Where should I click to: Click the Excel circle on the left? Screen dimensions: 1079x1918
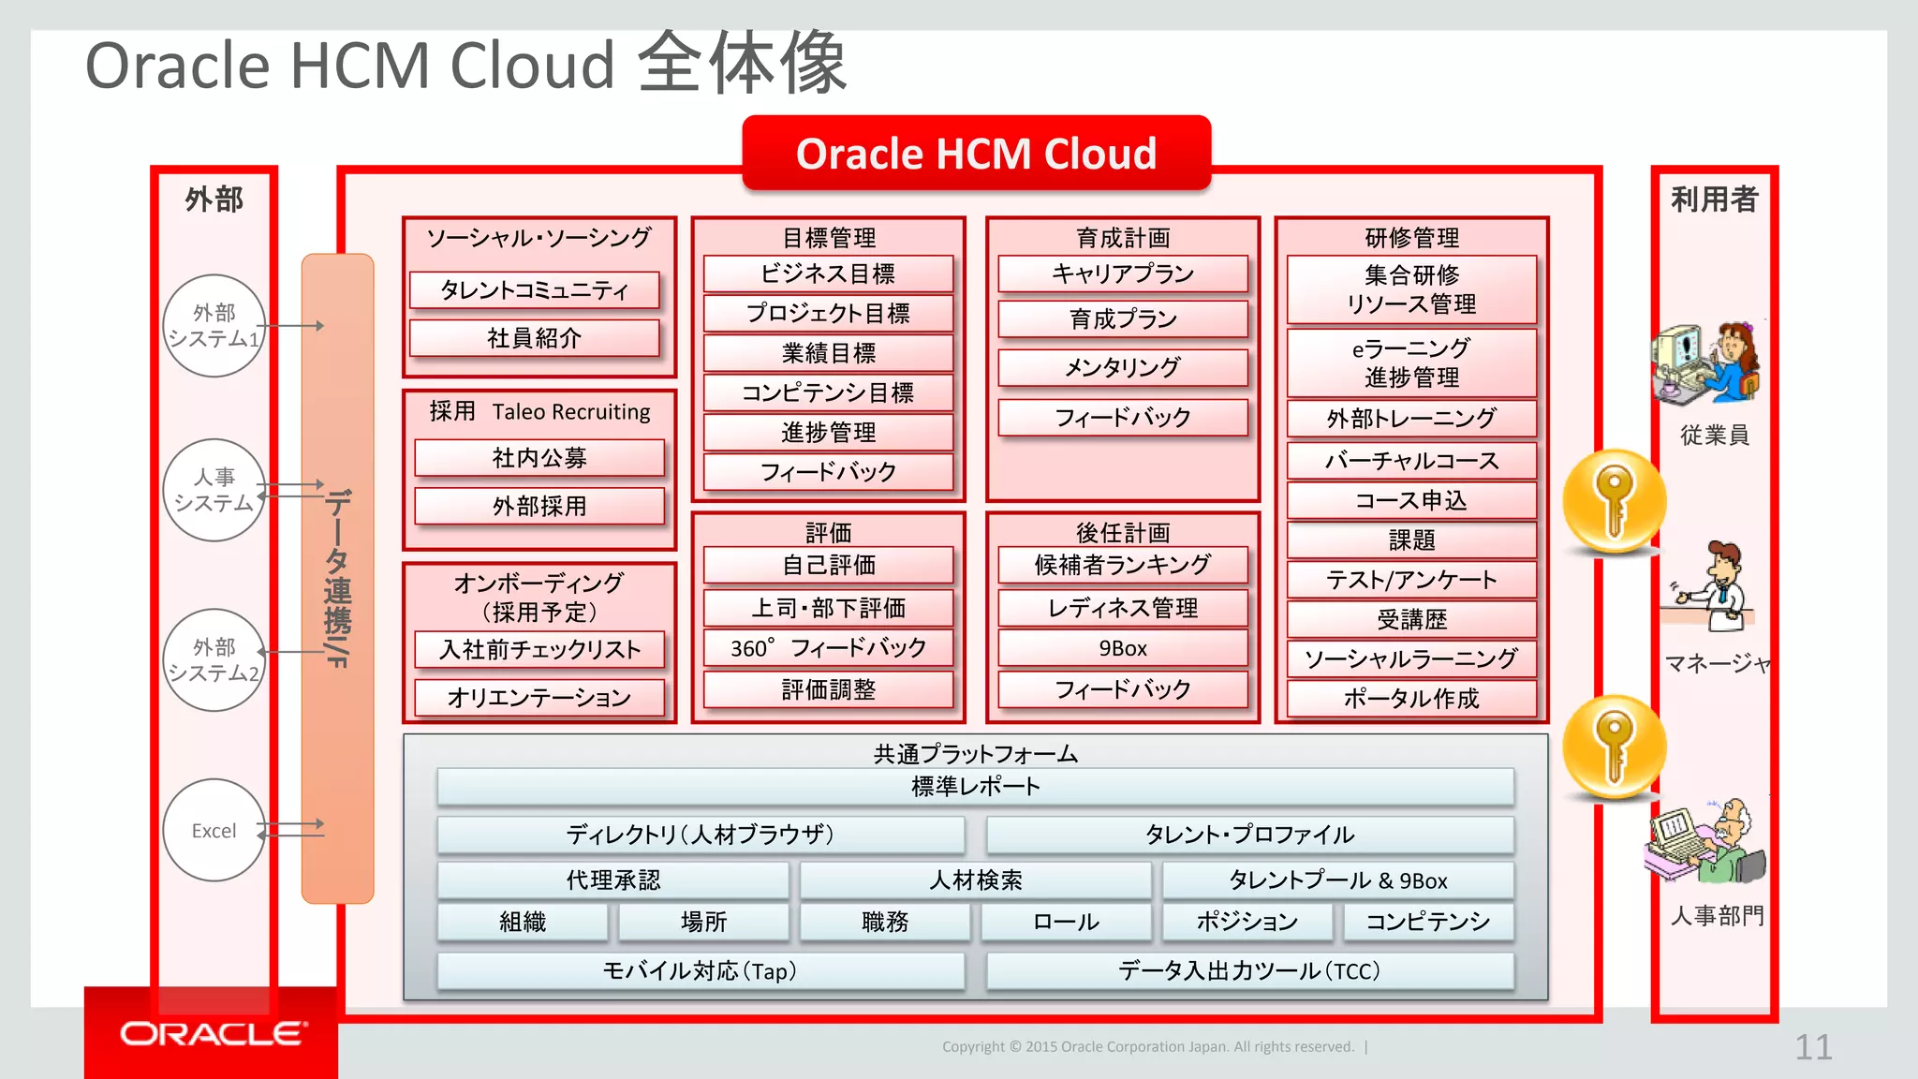click(x=214, y=830)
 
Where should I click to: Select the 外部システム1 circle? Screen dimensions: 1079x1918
click(x=214, y=326)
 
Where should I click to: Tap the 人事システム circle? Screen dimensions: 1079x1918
click(x=214, y=490)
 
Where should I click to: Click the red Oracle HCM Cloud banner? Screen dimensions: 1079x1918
click(x=976, y=154)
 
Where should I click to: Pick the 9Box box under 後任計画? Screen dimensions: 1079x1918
click(x=1122, y=648)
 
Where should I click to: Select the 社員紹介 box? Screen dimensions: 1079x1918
click(x=534, y=338)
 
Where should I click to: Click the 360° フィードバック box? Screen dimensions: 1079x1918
click(x=828, y=648)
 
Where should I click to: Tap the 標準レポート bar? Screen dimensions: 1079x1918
click(x=975, y=787)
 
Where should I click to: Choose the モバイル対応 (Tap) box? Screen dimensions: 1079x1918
click(x=701, y=971)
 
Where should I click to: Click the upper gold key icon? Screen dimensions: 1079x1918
click(x=1614, y=501)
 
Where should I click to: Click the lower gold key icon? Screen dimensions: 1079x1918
click(x=1614, y=746)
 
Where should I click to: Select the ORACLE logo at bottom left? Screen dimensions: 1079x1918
click(x=212, y=1033)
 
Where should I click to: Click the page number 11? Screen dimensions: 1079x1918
click(x=1812, y=1047)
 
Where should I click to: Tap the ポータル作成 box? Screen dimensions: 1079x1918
click(x=1410, y=699)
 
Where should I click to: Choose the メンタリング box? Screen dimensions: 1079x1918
click(x=1122, y=368)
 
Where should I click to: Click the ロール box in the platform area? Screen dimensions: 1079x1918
click(x=1066, y=923)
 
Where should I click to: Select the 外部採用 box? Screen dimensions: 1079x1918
click(x=539, y=507)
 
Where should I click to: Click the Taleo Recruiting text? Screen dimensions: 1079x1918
click(x=571, y=412)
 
